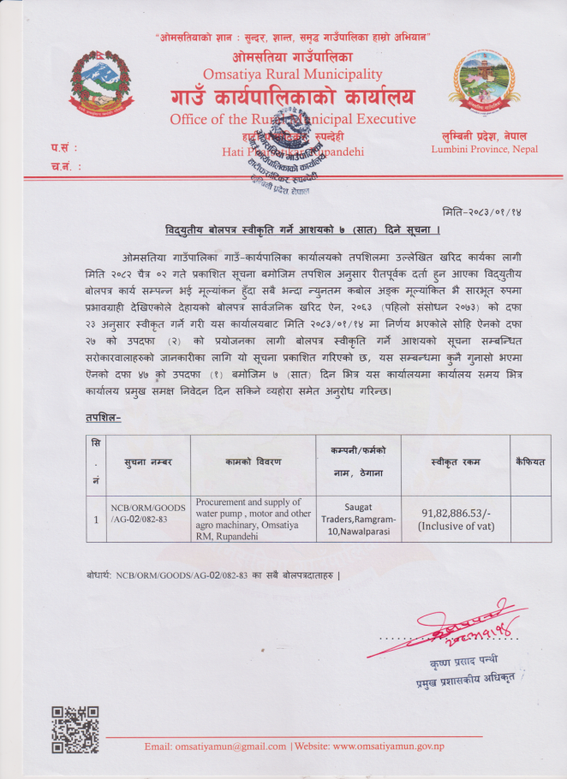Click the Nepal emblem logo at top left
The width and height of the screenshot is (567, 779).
coord(103,83)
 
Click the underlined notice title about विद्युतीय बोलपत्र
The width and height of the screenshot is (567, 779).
coord(302,231)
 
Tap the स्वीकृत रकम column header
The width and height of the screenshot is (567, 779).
coord(455,462)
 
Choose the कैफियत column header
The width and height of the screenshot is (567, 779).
coord(530,462)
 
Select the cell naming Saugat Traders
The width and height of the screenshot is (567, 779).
coord(357,519)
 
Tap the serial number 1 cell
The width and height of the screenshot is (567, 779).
coord(96,519)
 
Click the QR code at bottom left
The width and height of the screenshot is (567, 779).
coord(75,729)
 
